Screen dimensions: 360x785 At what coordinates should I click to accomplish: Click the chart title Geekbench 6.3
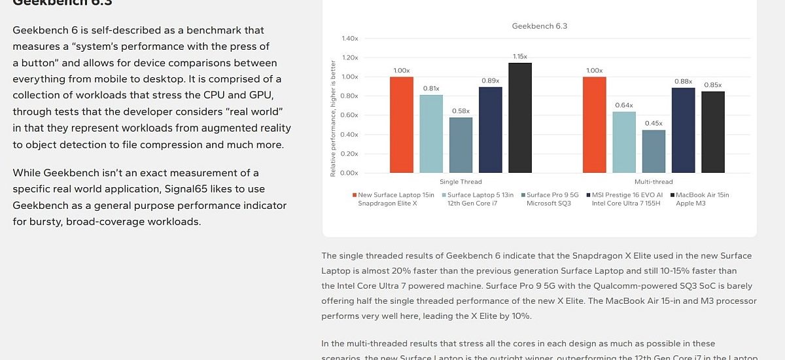(539, 26)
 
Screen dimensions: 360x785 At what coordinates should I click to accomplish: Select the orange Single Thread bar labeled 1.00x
(402, 124)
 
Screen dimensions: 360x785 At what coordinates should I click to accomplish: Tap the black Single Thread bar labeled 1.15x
(520, 118)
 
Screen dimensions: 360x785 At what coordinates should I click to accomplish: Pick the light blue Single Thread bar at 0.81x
(431, 134)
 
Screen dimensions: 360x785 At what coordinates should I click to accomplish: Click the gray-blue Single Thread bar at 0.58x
(461, 145)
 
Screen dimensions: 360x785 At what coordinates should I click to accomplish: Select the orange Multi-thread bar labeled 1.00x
(594, 124)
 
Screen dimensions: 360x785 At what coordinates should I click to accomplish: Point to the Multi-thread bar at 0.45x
(654, 151)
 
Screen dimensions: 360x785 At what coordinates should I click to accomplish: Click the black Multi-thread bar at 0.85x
(713, 132)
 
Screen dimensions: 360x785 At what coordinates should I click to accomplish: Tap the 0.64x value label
(624, 105)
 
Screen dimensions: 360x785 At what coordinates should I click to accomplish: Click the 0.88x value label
(683, 81)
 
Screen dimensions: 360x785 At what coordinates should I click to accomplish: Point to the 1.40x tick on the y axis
(349, 39)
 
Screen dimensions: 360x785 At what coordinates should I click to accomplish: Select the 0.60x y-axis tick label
(349, 115)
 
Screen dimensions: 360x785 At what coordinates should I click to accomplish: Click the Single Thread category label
(461, 182)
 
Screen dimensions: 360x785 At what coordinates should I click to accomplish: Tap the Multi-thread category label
(654, 182)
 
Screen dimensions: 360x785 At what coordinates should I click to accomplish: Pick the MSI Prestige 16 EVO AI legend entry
(625, 195)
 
